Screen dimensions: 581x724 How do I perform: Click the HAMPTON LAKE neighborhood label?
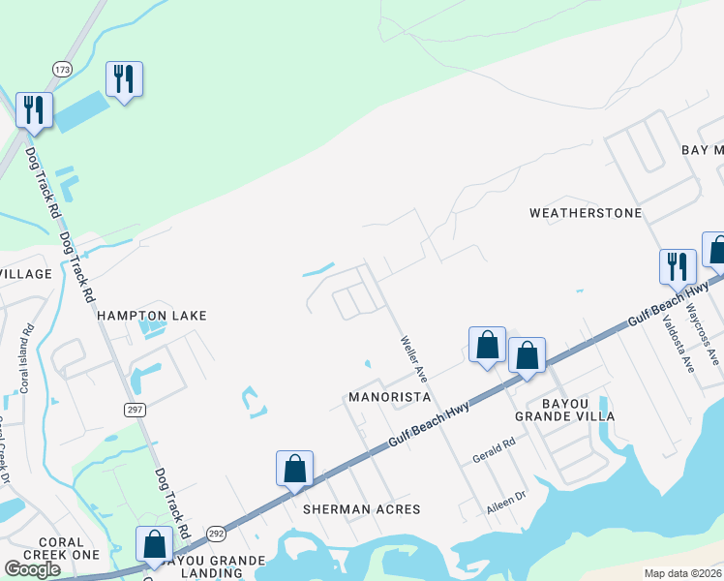tap(151, 316)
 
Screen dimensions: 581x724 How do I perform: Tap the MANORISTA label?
tap(388, 398)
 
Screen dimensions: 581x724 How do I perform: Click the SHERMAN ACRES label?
tap(361, 509)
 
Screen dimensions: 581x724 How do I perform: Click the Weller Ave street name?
tap(414, 357)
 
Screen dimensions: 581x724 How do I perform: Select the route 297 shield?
tap(135, 410)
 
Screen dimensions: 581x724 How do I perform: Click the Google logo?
tap(32, 569)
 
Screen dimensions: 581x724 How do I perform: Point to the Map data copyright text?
tap(682, 573)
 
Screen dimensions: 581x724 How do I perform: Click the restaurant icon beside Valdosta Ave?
tap(678, 265)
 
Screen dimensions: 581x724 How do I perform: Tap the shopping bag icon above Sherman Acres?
tap(294, 469)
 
